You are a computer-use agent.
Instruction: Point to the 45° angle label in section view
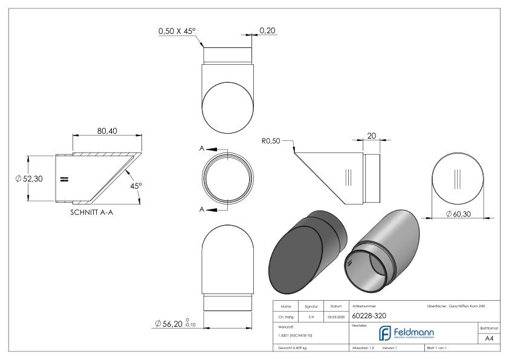(135, 186)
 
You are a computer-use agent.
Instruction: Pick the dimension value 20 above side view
(372, 136)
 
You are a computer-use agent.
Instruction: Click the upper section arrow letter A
(201, 149)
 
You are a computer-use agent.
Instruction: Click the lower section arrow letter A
(201, 209)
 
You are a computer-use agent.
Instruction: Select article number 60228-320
(368, 316)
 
